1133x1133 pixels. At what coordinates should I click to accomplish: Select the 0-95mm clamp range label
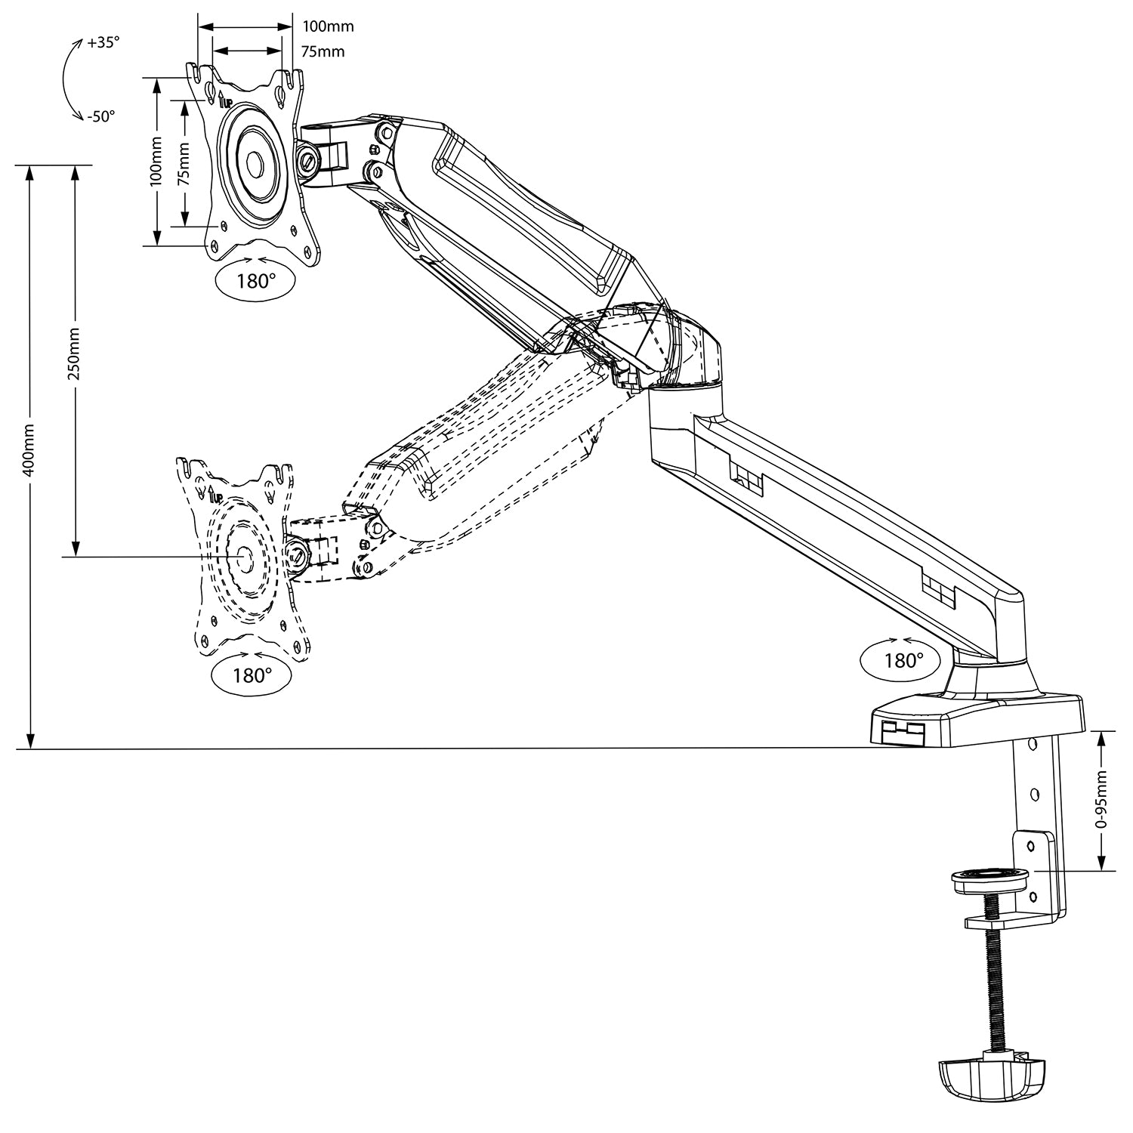tap(1104, 801)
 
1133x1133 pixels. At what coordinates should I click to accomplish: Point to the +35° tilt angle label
tap(103, 43)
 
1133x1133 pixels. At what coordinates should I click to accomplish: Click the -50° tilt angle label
tap(100, 117)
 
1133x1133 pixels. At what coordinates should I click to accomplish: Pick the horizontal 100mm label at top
tap(328, 26)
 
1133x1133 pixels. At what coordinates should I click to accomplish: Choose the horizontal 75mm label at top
tap(323, 51)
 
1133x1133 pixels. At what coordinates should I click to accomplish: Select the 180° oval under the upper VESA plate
tap(256, 282)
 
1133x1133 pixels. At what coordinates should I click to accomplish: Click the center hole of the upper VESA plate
tap(254, 162)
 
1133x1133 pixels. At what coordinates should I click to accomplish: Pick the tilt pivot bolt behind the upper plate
tap(308, 161)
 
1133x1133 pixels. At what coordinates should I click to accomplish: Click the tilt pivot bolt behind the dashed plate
tap(298, 554)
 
